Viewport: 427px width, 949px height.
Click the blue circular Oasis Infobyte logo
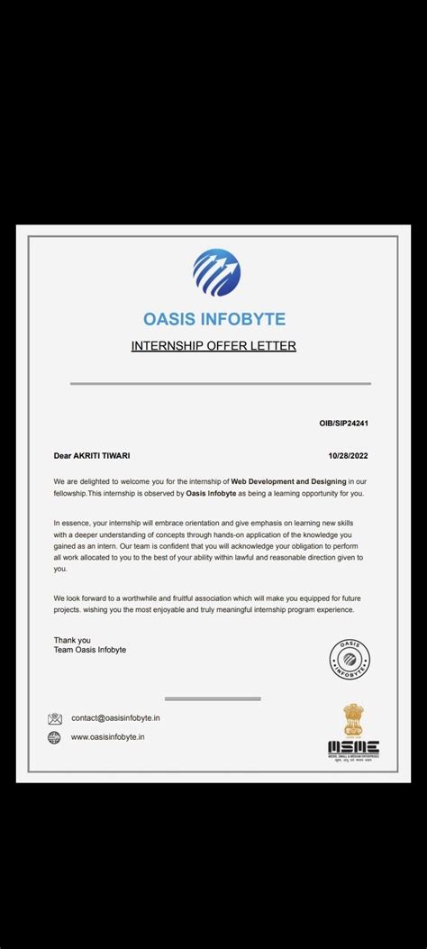(216, 273)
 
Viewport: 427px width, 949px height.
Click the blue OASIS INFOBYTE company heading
(214, 319)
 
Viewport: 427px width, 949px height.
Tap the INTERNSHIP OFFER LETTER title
(213, 345)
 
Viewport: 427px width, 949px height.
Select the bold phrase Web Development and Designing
(288, 482)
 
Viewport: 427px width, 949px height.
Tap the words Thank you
(72, 640)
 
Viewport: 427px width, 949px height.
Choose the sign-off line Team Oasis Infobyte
(90, 650)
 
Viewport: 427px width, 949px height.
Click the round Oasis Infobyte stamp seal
(350, 659)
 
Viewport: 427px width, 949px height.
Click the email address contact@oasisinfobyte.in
(116, 718)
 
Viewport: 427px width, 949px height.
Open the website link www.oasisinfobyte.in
(108, 737)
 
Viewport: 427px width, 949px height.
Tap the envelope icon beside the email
(55, 719)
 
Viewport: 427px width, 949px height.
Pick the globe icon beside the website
(55, 737)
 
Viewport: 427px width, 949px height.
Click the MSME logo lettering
(353, 747)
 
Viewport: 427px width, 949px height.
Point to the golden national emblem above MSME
(352, 719)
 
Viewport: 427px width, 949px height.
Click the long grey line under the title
(220, 384)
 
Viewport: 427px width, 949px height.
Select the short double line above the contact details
(213, 698)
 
